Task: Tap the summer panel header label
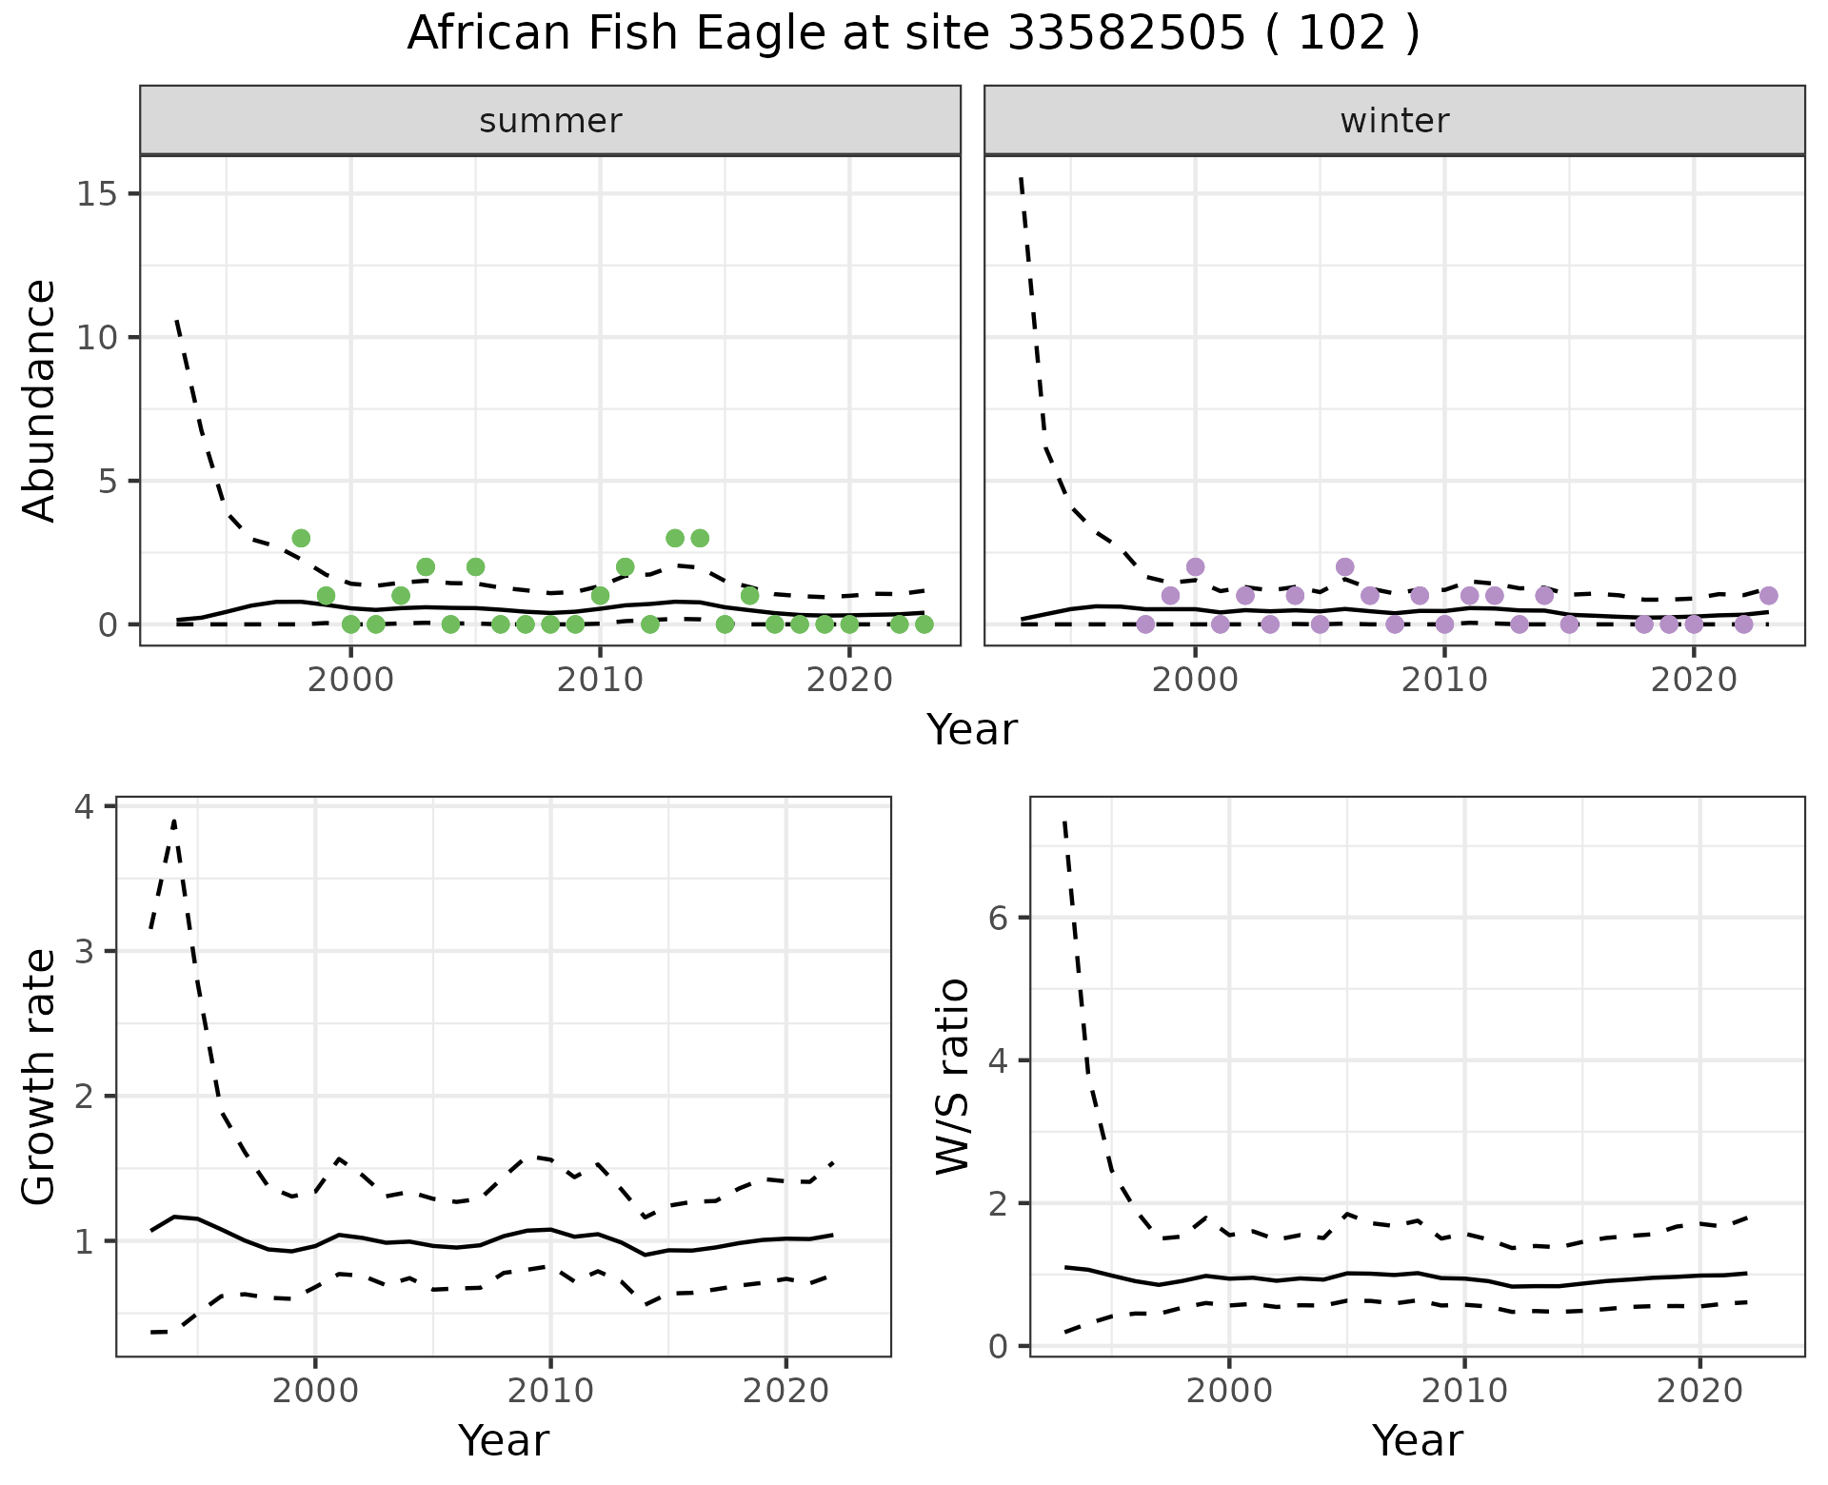[550, 121]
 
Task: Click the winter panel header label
[1394, 121]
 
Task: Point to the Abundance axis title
[40, 400]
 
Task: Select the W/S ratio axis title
[953, 1076]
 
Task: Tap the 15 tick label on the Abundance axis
[94, 194]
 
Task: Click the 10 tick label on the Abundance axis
[94, 338]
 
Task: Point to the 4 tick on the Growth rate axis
[85, 807]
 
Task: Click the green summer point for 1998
[301, 538]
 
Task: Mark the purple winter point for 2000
[1195, 566]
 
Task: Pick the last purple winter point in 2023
[1768, 595]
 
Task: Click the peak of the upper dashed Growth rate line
[174, 821]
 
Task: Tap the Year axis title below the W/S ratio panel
[1417, 1441]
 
